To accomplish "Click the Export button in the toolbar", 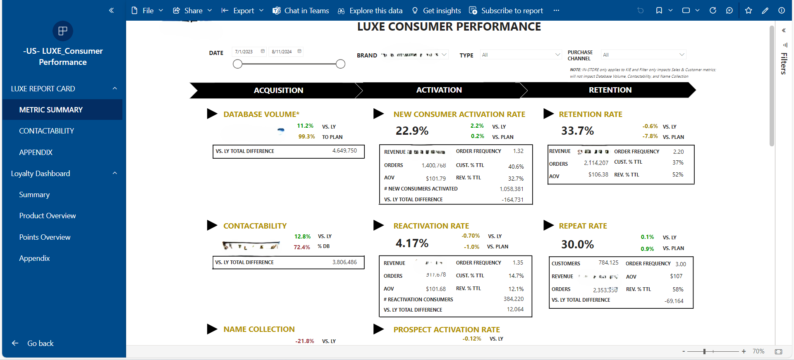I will click(x=243, y=11).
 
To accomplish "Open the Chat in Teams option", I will click(x=301, y=11).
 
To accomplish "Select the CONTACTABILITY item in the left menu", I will click(x=46, y=131).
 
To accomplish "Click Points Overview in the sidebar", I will click(x=45, y=237).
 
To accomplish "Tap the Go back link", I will click(x=40, y=343).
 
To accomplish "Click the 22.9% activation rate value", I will click(x=412, y=131).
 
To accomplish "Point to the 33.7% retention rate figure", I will click(x=577, y=131).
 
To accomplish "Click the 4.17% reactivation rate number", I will click(x=412, y=243).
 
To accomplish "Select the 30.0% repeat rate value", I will click(x=577, y=244).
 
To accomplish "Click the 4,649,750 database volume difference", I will click(x=344, y=151).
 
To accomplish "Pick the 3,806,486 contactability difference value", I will click(x=344, y=262).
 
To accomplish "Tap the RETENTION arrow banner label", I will click(x=610, y=90).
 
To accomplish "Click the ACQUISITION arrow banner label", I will click(x=278, y=91).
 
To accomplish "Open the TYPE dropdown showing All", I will click(x=521, y=55).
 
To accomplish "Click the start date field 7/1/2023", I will click(x=244, y=52).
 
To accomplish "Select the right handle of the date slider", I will click(x=340, y=64).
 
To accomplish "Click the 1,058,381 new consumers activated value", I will click(x=511, y=189).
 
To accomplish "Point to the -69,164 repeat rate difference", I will click(x=674, y=301).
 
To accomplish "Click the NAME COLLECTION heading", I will click(x=259, y=329).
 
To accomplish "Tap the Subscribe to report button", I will click(x=506, y=11).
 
